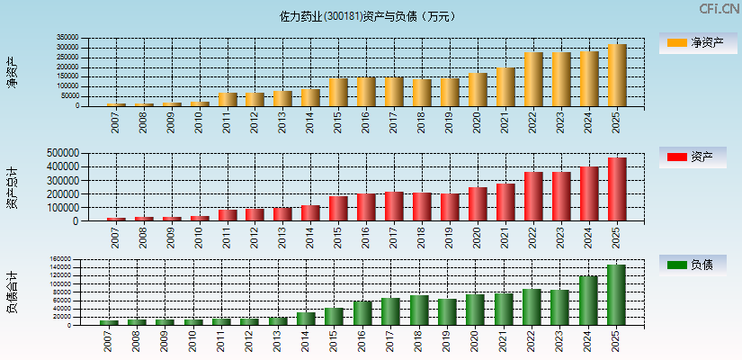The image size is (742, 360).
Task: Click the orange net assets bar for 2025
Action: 616,76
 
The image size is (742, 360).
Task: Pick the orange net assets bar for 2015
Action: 338,92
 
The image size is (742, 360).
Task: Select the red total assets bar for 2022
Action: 533,196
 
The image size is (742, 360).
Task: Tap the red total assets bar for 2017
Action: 394,206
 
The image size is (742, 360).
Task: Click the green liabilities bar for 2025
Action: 616,295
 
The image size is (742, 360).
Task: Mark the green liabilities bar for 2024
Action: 588,301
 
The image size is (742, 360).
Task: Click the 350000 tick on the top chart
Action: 92,39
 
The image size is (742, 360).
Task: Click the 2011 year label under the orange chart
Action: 227,121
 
